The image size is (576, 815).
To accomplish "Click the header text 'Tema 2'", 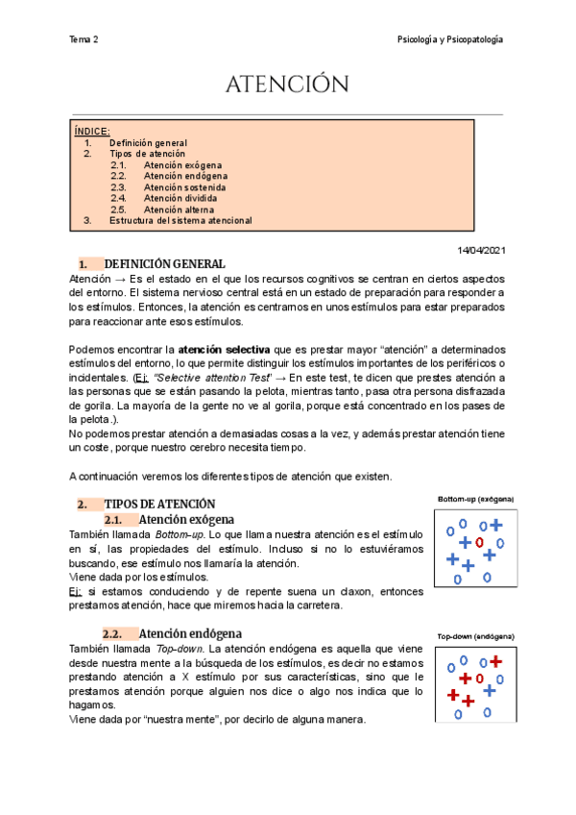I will coord(84,39).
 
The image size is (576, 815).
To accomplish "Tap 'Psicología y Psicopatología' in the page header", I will coord(450,39).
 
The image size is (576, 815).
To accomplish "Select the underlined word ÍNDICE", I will coord(92,131).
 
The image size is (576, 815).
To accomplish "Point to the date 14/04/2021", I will coord(480,250).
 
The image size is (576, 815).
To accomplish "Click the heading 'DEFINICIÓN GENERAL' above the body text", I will coord(164,264).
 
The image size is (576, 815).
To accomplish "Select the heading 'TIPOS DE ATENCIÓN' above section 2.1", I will coord(159,504).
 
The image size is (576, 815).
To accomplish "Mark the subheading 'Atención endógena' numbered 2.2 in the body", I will coord(190,633).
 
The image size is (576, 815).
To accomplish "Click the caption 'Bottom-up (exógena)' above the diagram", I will coord(476,500).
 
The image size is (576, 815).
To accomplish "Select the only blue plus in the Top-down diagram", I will coord(489,690).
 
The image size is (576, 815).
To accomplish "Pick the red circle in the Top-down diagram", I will coord(479,679).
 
